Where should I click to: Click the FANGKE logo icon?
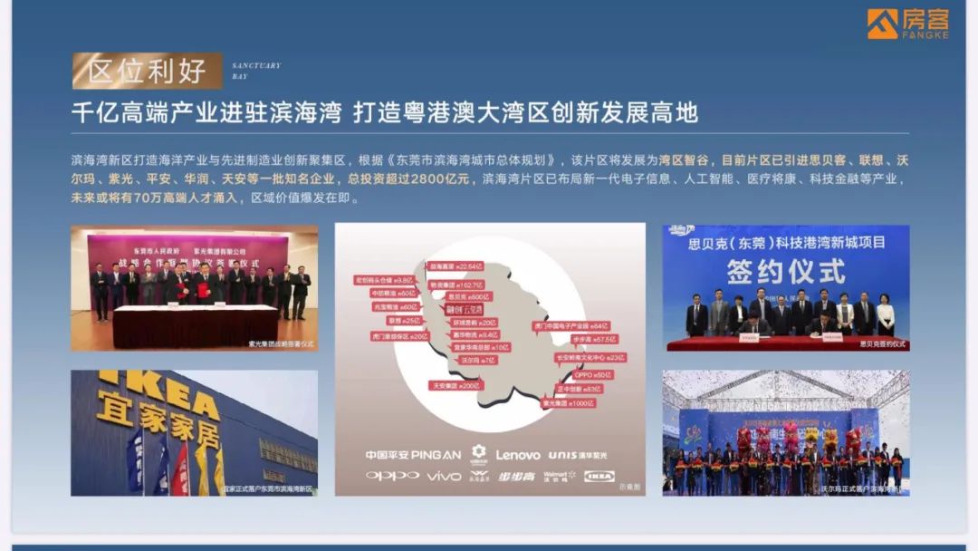pyautogui.click(x=882, y=24)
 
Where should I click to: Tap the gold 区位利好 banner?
pyautogui.click(x=147, y=71)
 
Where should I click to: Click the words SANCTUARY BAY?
pyautogui.click(x=256, y=71)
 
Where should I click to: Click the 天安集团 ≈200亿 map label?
pyautogui.click(x=455, y=385)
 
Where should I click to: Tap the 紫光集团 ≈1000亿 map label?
pyautogui.click(x=568, y=403)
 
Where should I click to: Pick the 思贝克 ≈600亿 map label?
pyautogui.click(x=468, y=296)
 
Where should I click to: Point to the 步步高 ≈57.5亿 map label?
pyautogui.click(x=593, y=339)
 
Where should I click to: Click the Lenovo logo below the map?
pyautogui.click(x=518, y=455)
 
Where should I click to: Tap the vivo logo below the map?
pyautogui.click(x=444, y=476)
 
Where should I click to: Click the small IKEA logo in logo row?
pyautogui.click(x=599, y=476)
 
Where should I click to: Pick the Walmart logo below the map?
pyautogui.click(x=559, y=476)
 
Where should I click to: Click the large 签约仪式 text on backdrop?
pyautogui.click(x=785, y=270)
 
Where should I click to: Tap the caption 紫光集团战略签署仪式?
pyautogui.click(x=281, y=344)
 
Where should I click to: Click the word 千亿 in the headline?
pyautogui.click(x=91, y=113)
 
